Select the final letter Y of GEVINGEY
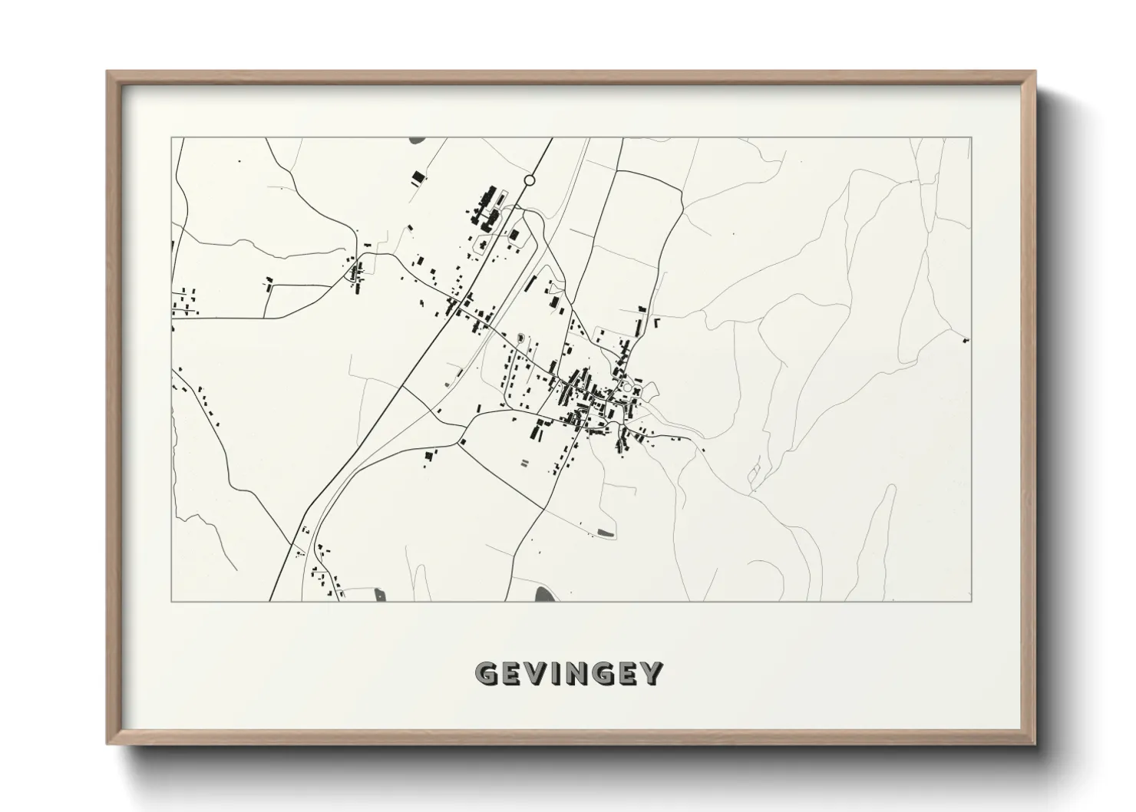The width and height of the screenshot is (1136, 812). click(x=652, y=674)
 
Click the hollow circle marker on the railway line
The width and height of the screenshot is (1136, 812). click(x=529, y=180)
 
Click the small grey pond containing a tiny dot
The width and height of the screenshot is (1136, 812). click(x=378, y=592)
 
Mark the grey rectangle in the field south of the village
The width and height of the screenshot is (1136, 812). click(x=606, y=532)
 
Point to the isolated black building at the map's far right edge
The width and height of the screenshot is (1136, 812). click(x=965, y=339)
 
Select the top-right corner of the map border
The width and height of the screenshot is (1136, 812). click(x=972, y=137)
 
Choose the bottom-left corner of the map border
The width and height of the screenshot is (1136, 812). click(x=172, y=601)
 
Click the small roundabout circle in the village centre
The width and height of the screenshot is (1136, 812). click(x=627, y=388)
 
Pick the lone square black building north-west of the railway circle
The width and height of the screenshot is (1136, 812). click(x=418, y=177)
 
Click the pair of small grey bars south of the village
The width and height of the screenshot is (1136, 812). click(x=525, y=463)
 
